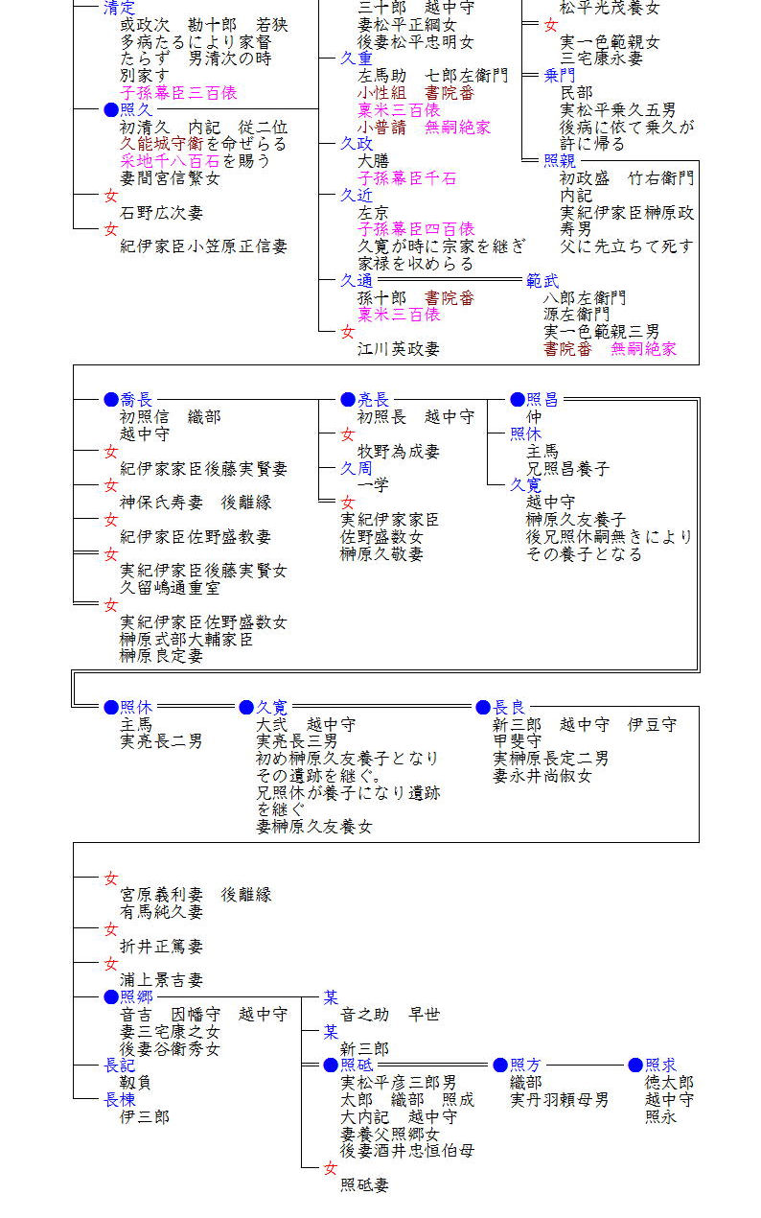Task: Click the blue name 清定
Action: [120, 7]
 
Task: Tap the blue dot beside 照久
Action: [111, 109]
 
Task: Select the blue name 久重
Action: [357, 59]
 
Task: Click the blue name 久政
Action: [357, 143]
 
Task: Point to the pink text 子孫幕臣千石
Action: [406, 178]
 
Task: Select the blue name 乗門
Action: [560, 76]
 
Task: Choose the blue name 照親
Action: [560, 160]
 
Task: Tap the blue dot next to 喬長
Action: [111, 399]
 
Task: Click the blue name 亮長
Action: [374, 399]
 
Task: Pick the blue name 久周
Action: [357, 468]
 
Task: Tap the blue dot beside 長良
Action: [483, 707]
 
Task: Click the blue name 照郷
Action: [136, 996]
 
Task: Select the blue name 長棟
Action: [120, 1099]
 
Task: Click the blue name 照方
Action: [525, 1065]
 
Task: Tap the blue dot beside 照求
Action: [635, 1065]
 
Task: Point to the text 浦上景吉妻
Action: [161, 980]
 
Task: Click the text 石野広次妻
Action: [161, 212]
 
